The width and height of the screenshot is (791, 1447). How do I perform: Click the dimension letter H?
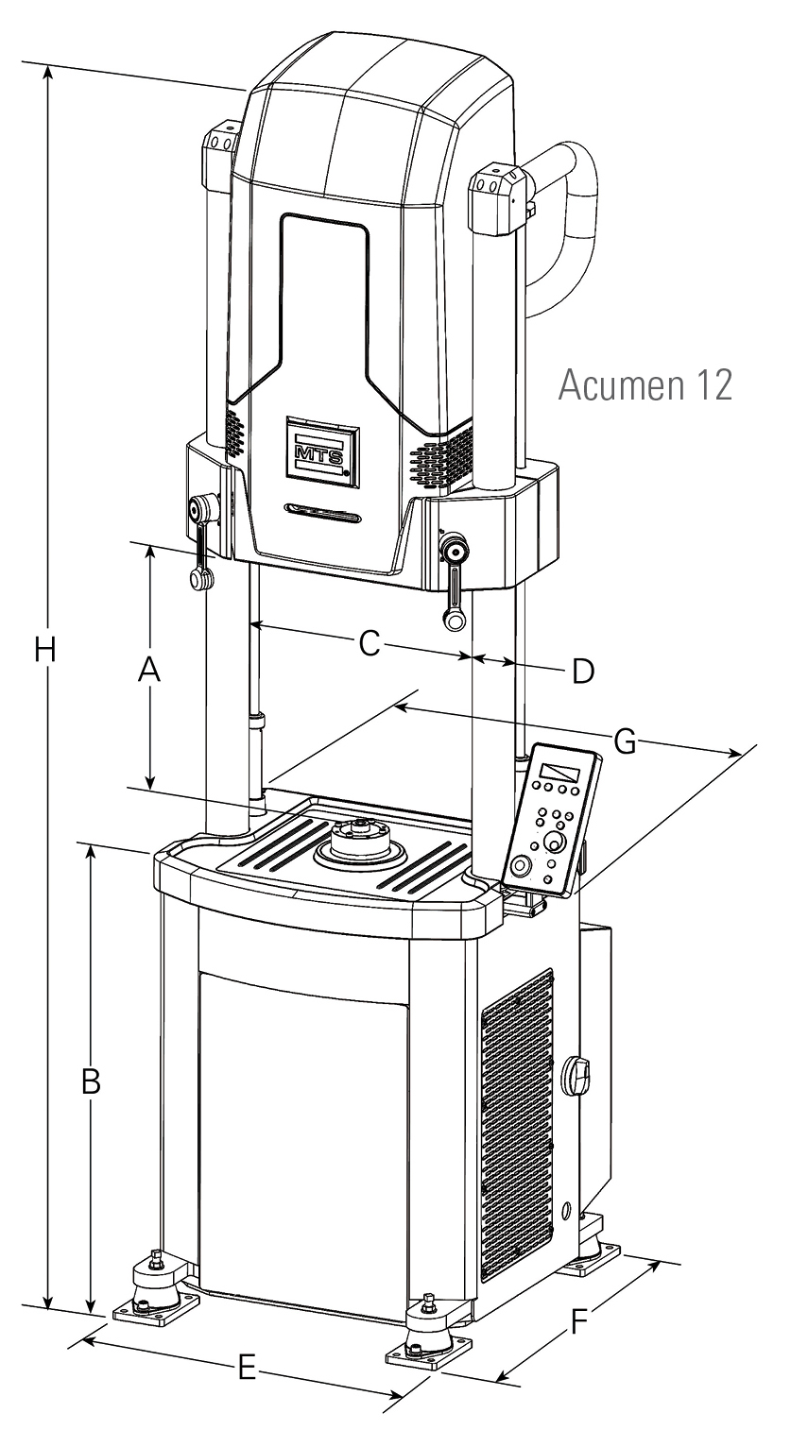43,651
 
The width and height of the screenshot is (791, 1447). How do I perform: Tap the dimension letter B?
91,1082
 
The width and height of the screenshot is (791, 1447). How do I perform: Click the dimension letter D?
583,672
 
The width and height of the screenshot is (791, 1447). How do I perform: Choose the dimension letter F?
580,1322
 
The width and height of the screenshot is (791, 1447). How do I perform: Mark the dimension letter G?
625,742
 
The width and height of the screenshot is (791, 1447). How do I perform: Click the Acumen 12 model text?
645,385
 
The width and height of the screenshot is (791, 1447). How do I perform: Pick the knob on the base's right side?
576,1075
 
